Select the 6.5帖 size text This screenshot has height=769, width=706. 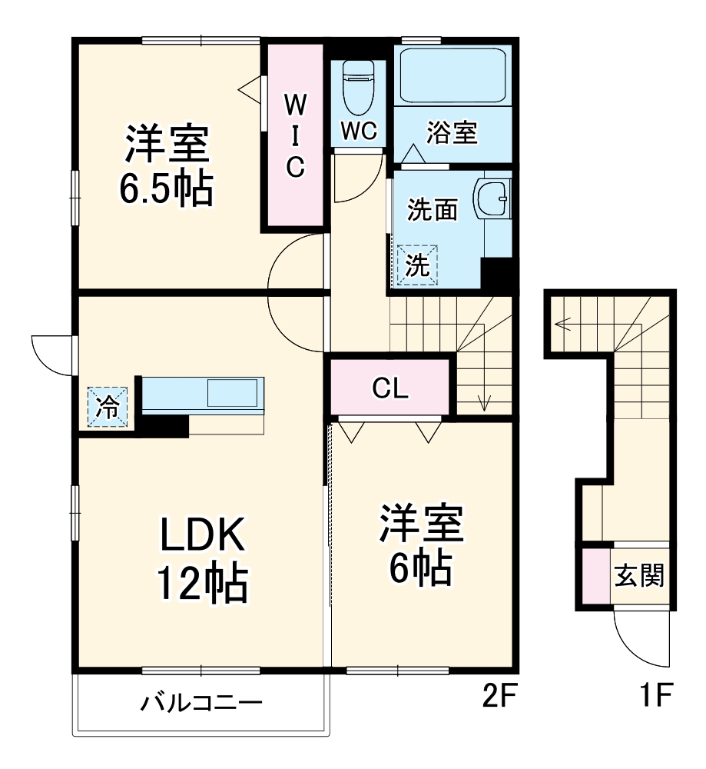coord(165,187)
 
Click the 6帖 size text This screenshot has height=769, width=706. coord(420,569)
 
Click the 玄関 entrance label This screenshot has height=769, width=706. coord(638,575)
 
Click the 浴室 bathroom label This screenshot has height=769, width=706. coord(452,133)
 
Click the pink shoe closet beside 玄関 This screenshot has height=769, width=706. coord(594,575)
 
